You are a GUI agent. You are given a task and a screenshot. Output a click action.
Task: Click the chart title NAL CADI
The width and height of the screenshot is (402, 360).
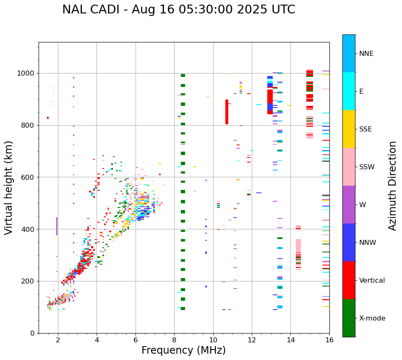(x=178, y=10)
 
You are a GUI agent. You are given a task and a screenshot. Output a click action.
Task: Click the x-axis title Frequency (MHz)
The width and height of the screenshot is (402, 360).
(x=183, y=350)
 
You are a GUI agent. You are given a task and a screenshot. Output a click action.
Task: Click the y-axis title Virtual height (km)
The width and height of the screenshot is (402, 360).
(x=9, y=187)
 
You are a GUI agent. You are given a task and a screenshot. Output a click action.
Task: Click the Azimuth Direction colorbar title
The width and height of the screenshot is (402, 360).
(x=392, y=185)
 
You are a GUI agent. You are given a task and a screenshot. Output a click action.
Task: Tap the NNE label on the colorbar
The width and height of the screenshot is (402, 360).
(x=366, y=54)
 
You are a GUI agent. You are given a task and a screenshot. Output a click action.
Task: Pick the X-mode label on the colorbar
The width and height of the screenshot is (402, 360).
(x=372, y=318)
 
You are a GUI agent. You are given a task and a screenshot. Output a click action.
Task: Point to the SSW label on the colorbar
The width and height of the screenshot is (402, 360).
(x=366, y=167)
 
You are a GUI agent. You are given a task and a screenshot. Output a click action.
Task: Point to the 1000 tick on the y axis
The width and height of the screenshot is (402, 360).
(x=26, y=74)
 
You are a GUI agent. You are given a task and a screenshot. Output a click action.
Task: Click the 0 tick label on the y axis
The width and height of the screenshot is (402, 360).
(x=33, y=333)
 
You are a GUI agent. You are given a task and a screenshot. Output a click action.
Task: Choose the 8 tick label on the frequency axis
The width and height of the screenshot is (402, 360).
(x=174, y=340)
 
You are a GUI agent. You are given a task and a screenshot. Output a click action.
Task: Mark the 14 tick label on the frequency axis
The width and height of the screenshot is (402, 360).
(x=290, y=340)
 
